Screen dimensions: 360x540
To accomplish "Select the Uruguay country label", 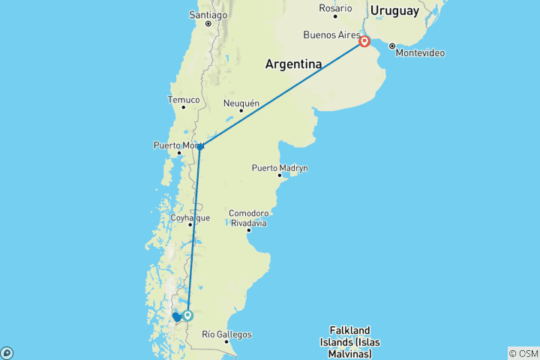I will [x=394, y=10].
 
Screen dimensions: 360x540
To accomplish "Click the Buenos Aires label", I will [x=330, y=34].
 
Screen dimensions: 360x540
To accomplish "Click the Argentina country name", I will [x=293, y=64].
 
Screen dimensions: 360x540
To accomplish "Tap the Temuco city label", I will [x=184, y=99].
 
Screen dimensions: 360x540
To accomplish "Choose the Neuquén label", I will [x=241, y=103].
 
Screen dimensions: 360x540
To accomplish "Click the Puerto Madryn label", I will [x=280, y=168].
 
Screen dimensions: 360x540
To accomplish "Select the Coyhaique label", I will [x=190, y=217].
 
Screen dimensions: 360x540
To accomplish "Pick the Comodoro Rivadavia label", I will [x=248, y=217].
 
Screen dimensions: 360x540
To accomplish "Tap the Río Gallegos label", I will [x=226, y=334].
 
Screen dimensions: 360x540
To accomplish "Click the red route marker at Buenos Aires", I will [x=364, y=41].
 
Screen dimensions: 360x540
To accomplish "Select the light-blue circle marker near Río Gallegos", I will [x=187, y=316].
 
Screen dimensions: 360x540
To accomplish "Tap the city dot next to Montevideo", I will [x=391, y=46].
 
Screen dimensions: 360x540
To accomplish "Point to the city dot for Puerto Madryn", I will [x=280, y=176].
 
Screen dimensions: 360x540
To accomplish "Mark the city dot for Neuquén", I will [x=241, y=111].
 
